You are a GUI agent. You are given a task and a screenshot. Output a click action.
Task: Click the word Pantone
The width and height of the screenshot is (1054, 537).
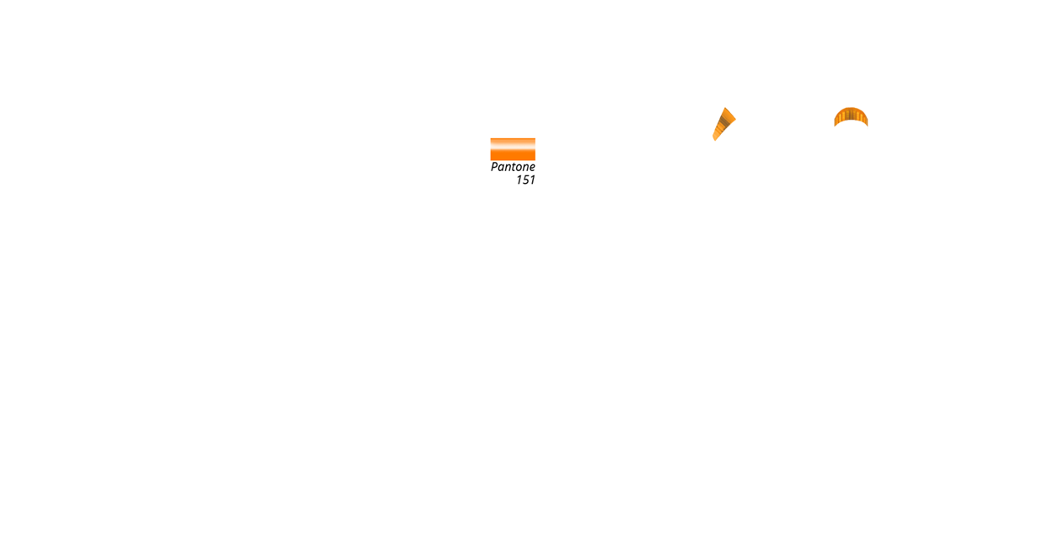(513, 167)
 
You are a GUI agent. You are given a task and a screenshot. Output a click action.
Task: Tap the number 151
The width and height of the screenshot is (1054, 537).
(525, 180)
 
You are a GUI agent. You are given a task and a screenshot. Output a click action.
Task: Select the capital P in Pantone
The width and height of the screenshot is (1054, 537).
(494, 167)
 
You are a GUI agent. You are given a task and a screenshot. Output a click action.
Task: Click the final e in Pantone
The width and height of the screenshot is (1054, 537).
(532, 168)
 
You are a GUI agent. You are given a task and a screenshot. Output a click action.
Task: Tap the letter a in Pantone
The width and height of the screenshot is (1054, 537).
(501, 168)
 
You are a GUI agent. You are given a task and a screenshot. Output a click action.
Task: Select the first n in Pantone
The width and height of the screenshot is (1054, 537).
(508, 168)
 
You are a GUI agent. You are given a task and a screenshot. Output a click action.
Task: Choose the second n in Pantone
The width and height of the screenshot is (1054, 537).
(525, 168)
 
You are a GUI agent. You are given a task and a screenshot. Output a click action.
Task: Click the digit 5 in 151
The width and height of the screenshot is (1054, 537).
(525, 180)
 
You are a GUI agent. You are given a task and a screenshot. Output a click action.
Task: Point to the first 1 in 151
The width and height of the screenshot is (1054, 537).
(519, 180)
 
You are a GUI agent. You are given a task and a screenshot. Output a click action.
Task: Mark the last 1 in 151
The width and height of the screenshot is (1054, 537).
(533, 180)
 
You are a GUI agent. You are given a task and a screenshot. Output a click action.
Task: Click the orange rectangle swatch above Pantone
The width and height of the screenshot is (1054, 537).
(513, 149)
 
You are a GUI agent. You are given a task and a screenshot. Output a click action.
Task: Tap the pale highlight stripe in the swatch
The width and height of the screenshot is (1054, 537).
(513, 144)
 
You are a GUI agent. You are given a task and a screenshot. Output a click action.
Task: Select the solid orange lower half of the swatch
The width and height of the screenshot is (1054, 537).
(513, 155)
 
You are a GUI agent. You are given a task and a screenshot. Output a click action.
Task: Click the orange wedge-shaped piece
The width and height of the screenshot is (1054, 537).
(724, 124)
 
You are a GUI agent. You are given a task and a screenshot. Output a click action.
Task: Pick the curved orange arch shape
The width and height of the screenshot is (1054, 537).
(851, 116)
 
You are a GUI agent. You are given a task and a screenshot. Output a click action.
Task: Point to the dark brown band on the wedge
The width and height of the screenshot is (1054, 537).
(725, 121)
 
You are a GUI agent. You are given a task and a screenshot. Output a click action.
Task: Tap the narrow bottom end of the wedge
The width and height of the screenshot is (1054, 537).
(714, 139)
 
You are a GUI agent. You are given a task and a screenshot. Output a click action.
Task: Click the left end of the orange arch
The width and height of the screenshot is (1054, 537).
(836, 124)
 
